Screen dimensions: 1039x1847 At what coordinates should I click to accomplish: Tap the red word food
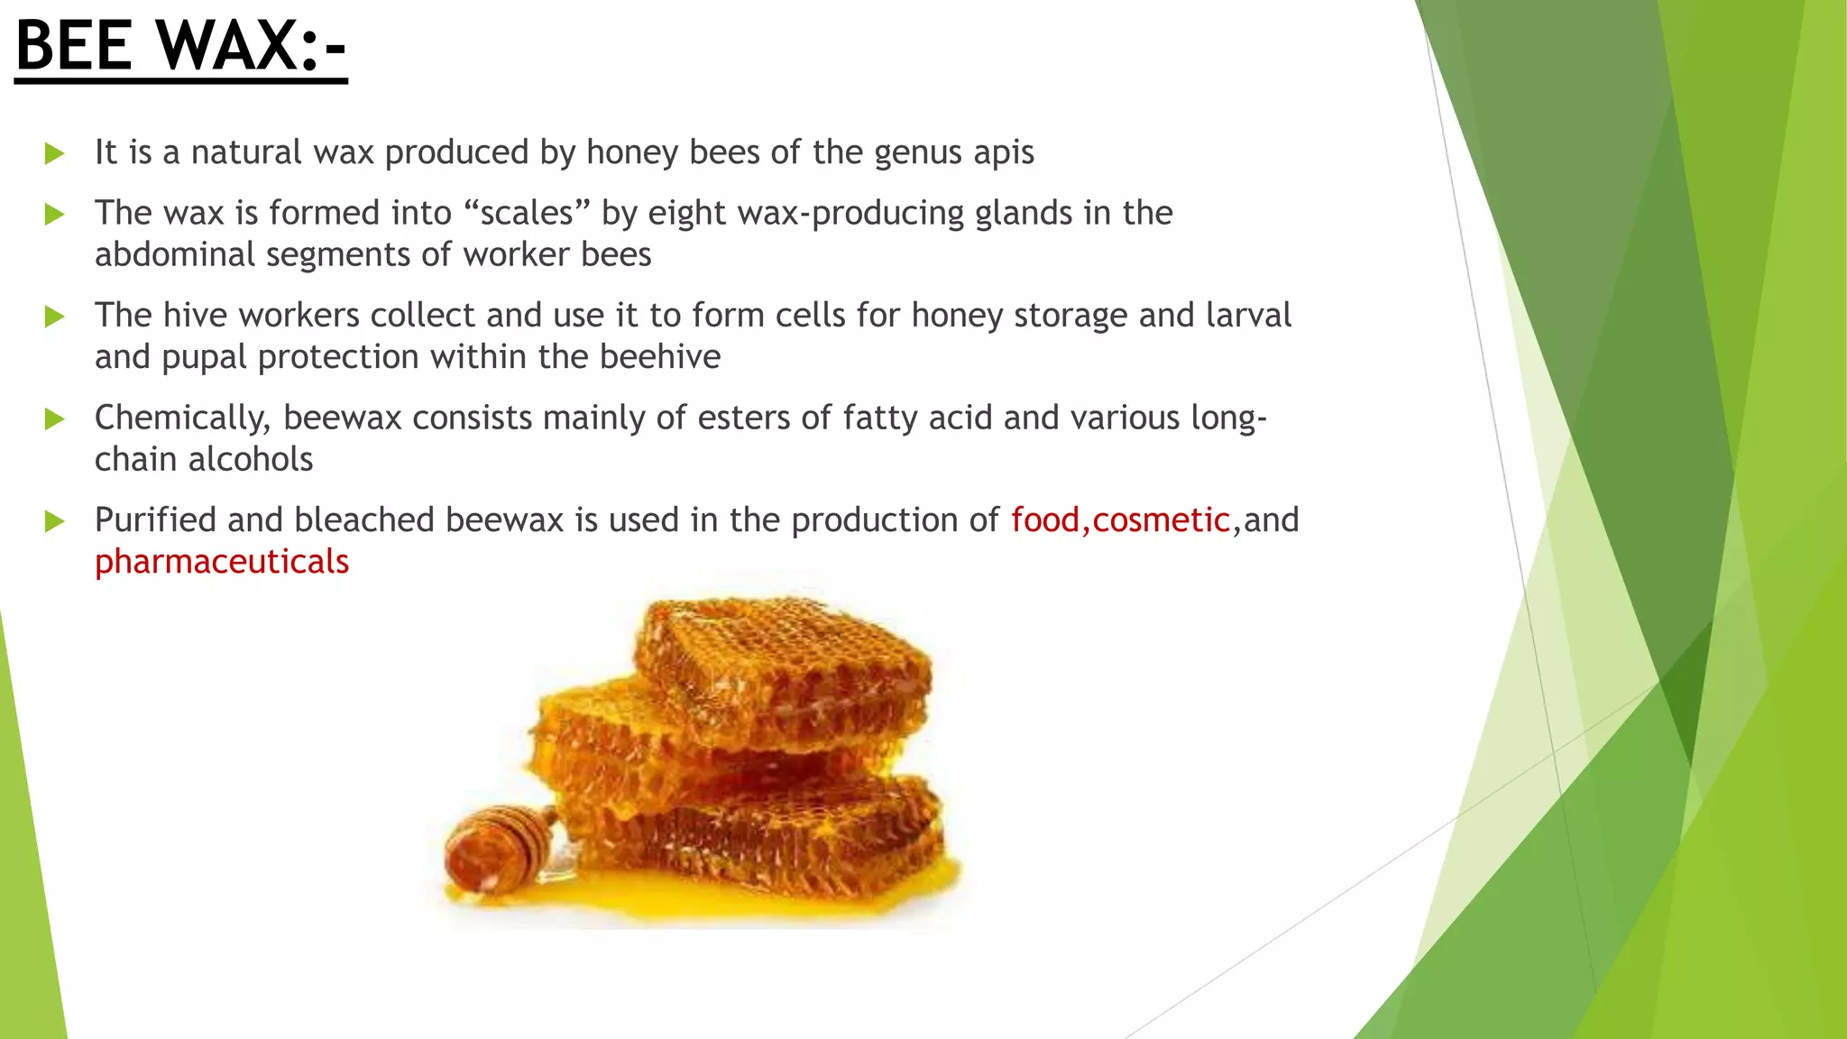pos(1045,520)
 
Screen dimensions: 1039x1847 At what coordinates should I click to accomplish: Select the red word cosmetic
pos(1161,520)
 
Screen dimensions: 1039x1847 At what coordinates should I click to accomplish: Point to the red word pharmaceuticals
pos(222,562)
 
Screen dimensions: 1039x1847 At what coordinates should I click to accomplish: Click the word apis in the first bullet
pos(1004,153)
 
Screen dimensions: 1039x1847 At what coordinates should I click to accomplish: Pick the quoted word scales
pos(527,214)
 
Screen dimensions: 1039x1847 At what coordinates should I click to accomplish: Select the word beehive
pos(660,357)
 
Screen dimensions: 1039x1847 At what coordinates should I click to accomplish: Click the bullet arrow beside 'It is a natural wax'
pos(55,153)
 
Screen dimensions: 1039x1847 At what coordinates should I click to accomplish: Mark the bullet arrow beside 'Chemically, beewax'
pos(55,418)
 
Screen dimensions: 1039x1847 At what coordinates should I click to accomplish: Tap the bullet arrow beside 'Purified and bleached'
pos(55,521)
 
